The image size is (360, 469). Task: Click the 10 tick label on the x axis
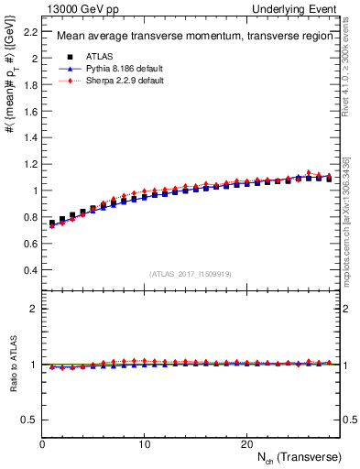(145, 443)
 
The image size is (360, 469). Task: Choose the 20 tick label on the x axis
(246, 443)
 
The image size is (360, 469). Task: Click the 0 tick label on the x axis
(43, 443)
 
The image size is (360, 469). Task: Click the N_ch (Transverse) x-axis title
(299, 456)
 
